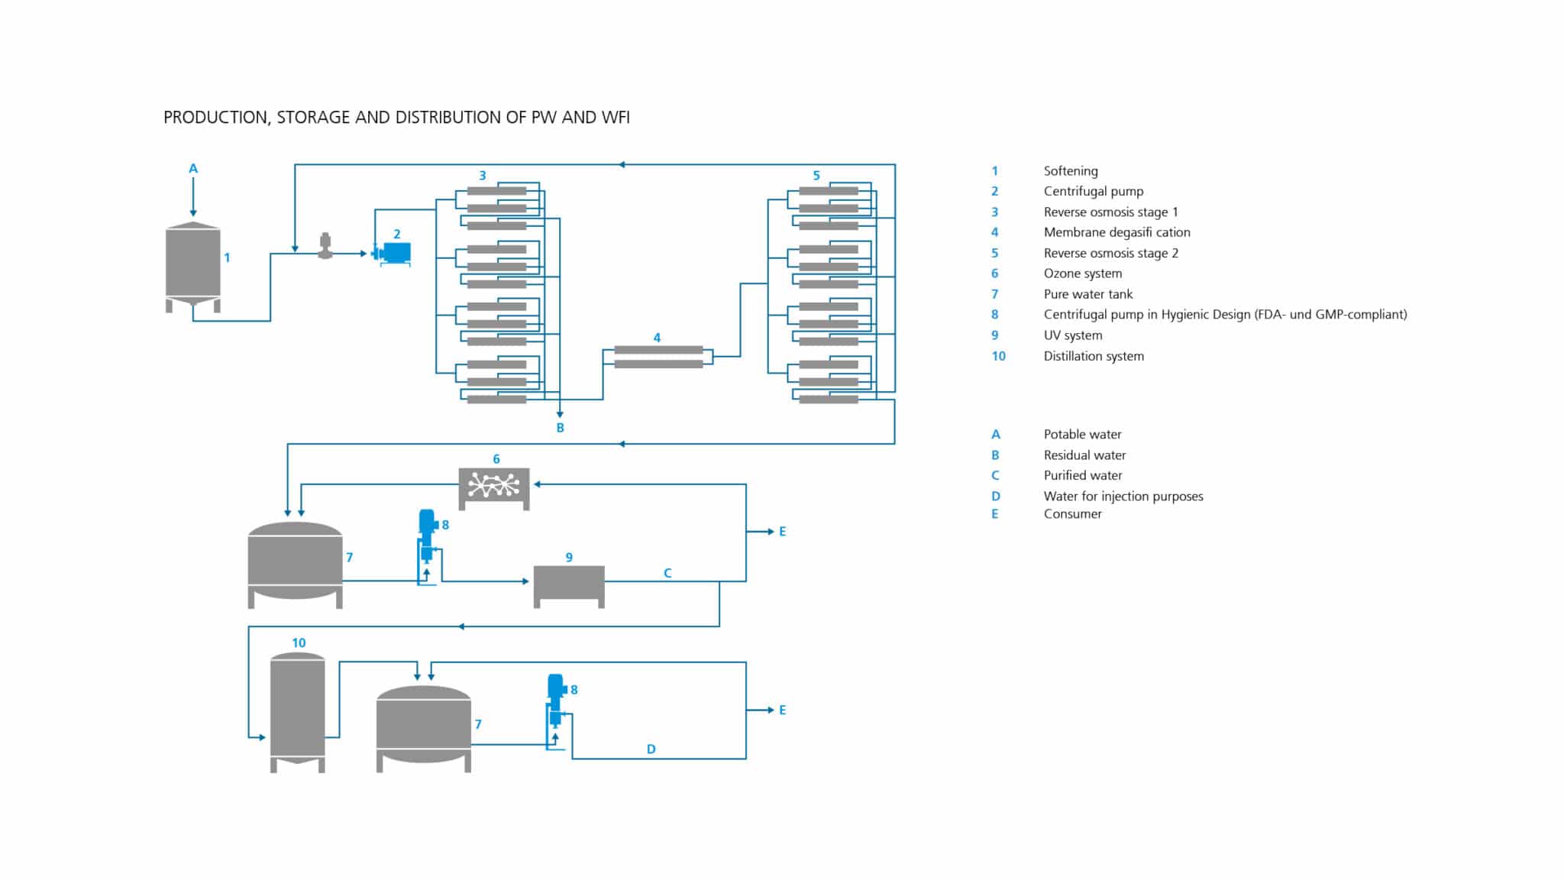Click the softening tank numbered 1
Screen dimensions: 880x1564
(193, 264)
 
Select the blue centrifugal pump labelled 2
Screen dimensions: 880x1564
(395, 252)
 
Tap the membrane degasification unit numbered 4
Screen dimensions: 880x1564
(658, 357)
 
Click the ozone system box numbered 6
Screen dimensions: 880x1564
(494, 487)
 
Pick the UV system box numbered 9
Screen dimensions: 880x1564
(569, 584)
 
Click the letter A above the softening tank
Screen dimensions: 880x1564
(193, 169)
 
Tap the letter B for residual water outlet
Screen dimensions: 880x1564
(560, 428)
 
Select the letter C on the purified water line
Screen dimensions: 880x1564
(667, 573)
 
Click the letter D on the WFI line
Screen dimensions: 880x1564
(651, 749)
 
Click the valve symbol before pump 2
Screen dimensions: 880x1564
(325, 246)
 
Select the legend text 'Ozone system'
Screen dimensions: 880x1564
(1082, 273)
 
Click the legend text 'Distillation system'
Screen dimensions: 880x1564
(1093, 356)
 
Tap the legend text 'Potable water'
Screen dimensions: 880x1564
(1082, 435)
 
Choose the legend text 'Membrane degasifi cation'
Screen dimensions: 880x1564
(1116, 232)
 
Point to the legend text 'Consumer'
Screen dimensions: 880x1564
(1072, 514)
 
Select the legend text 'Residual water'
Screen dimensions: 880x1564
(1084, 455)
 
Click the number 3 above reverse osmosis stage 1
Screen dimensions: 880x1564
(482, 176)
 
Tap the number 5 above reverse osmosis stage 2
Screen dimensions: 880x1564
(816, 176)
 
